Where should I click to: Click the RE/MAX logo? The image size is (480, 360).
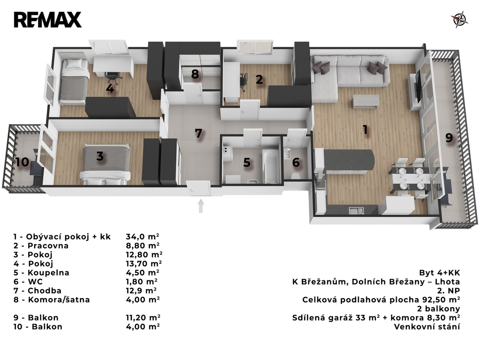click(x=47, y=20)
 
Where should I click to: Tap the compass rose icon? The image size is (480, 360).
click(x=459, y=19)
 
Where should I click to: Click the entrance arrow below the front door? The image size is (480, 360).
click(x=201, y=206)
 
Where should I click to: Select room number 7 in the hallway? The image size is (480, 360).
click(x=198, y=133)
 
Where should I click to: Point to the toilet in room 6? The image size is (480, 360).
click(x=295, y=176)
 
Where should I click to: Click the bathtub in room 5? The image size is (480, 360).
click(x=271, y=166)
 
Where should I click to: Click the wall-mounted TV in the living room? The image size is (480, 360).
click(x=419, y=87)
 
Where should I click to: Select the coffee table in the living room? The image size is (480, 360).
click(x=366, y=101)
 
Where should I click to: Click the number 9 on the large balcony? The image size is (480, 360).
click(x=449, y=138)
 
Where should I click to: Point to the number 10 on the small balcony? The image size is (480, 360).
click(x=22, y=162)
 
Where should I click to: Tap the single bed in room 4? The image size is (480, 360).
click(x=74, y=81)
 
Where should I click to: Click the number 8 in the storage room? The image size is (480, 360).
click(x=195, y=74)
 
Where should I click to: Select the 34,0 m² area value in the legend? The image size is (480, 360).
click(x=142, y=237)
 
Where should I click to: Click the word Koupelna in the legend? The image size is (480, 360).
click(x=48, y=273)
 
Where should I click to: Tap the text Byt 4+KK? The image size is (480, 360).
click(x=440, y=273)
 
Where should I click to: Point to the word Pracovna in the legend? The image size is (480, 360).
click(x=48, y=246)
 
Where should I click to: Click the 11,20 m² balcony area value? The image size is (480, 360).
click(x=143, y=318)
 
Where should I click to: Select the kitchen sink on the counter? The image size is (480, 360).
click(x=356, y=210)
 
